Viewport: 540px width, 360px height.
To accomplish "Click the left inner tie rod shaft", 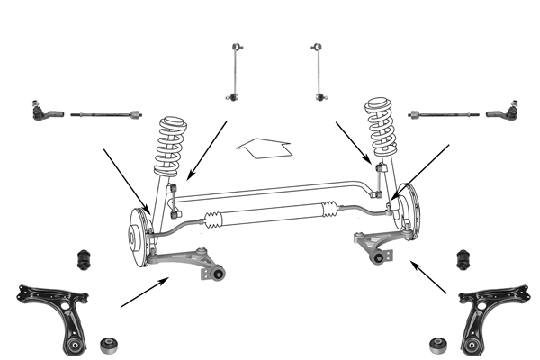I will tap(103, 115).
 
